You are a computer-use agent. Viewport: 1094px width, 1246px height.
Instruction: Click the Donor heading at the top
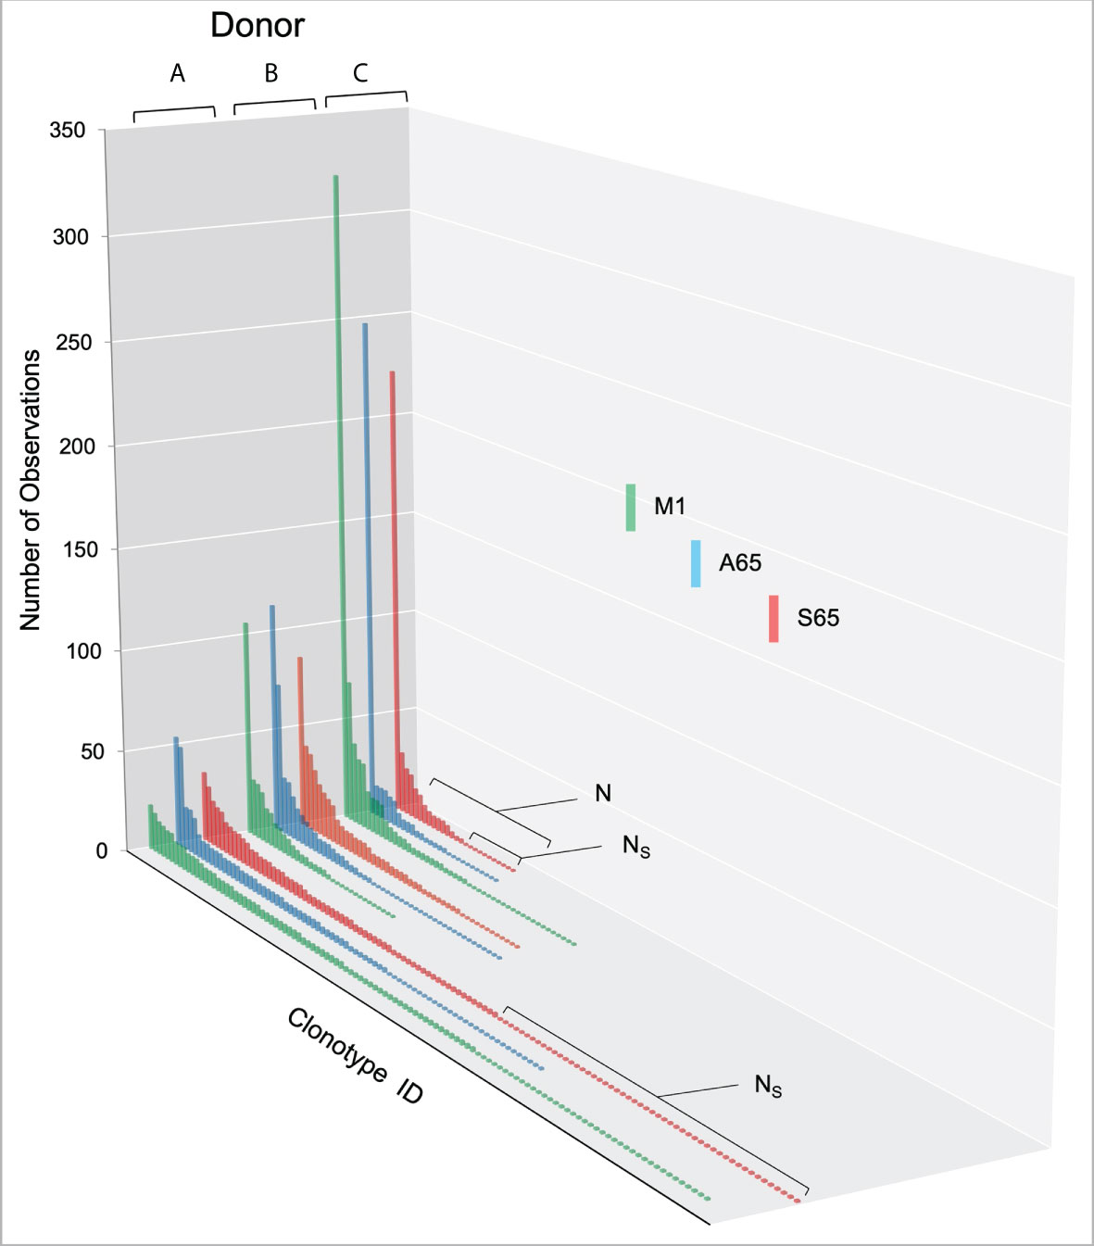(x=257, y=25)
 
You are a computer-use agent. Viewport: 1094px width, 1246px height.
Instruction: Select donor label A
(x=177, y=73)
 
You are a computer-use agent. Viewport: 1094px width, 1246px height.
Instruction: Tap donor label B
(x=270, y=73)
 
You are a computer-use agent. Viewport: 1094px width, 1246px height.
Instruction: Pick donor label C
(x=360, y=72)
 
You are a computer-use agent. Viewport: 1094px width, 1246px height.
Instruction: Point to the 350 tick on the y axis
(x=67, y=131)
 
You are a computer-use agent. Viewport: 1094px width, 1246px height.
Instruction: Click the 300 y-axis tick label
(x=70, y=237)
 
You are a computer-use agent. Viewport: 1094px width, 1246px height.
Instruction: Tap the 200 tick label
(x=77, y=446)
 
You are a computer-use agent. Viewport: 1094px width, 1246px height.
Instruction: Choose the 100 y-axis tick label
(x=83, y=651)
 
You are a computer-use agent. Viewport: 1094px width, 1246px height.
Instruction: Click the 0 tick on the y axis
(x=101, y=850)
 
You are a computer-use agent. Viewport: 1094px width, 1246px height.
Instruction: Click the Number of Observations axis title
(x=31, y=490)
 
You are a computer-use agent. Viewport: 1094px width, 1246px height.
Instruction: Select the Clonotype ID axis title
(x=355, y=1057)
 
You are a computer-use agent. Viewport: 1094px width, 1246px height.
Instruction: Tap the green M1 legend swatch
(x=631, y=507)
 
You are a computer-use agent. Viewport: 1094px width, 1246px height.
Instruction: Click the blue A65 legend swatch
(x=696, y=563)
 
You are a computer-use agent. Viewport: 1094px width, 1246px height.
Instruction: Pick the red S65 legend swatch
(x=773, y=619)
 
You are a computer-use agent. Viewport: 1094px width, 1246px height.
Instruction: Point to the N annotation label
(x=603, y=793)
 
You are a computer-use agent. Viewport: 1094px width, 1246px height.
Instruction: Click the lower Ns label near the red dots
(x=768, y=1085)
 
